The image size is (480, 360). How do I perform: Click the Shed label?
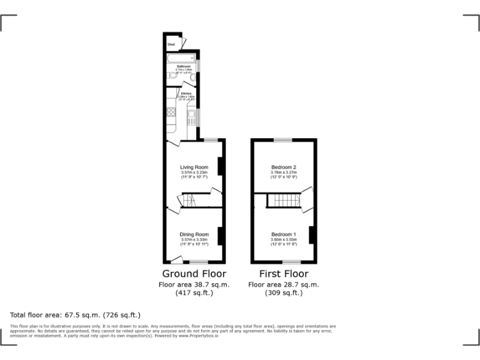(171, 44)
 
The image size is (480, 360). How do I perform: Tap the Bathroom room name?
(183, 66)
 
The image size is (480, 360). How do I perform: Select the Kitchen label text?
(186, 94)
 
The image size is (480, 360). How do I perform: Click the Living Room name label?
(194, 167)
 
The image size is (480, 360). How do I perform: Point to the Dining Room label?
(194, 234)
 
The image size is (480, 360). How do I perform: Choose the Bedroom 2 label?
(283, 167)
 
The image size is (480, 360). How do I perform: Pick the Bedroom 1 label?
(283, 234)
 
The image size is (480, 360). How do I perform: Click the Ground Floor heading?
(194, 274)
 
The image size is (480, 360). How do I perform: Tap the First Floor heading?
(283, 274)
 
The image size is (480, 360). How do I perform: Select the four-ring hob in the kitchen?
(171, 112)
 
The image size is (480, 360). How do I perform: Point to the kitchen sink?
(191, 116)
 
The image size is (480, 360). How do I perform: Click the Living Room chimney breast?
(219, 166)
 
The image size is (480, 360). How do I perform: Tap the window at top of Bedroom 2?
(283, 139)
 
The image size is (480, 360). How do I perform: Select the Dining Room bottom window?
(199, 261)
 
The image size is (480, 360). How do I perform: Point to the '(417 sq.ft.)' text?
(194, 292)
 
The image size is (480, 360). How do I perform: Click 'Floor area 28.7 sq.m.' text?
(283, 284)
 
